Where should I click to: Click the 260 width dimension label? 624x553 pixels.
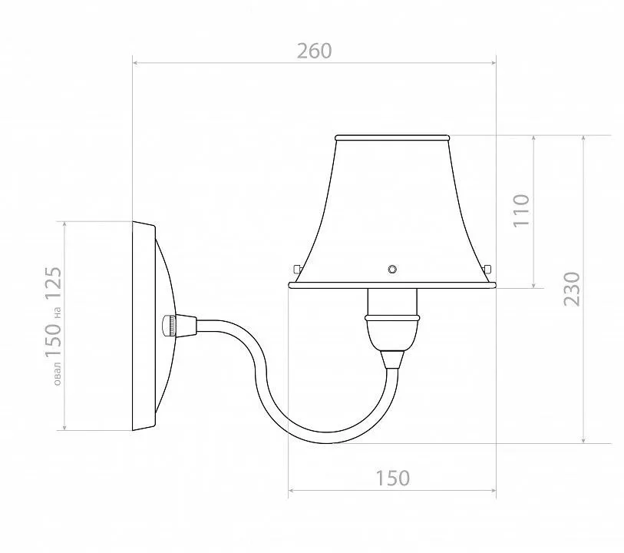(315, 51)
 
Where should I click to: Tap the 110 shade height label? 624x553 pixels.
(522, 210)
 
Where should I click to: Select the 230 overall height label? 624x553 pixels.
(572, 289)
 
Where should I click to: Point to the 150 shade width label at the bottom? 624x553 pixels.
(392, 478)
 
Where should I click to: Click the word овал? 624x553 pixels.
(58, 373)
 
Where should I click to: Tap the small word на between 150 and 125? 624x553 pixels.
(58, 313)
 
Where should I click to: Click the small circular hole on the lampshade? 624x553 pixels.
(392, 269)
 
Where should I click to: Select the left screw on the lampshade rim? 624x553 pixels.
(297, 269)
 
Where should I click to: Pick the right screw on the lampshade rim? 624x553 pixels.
(487, 268)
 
